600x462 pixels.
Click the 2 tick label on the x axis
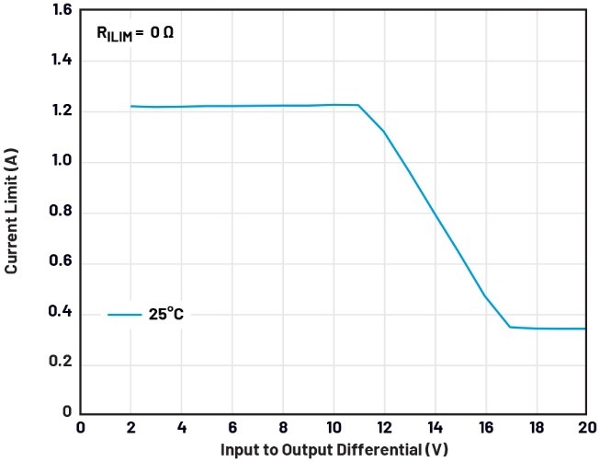click(x=130, y=428)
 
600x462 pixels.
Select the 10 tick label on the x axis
click(x=333, y=428)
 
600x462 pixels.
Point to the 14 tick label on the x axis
click(x=434, y=428)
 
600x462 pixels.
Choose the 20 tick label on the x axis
click(x=584, y=428)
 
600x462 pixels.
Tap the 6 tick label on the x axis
click(x=232, y=428)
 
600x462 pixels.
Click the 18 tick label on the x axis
click(x=535, y=428)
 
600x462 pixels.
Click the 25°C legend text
click(x=165, y=315)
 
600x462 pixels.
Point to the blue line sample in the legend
click(x=124, y=315)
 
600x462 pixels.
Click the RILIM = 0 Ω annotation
click(x=134, y=32)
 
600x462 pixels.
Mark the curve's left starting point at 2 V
click(x=130, y=106)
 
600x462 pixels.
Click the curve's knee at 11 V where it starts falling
click(x=358, y=105)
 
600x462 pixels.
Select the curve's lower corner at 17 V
click(x=510, y=327)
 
